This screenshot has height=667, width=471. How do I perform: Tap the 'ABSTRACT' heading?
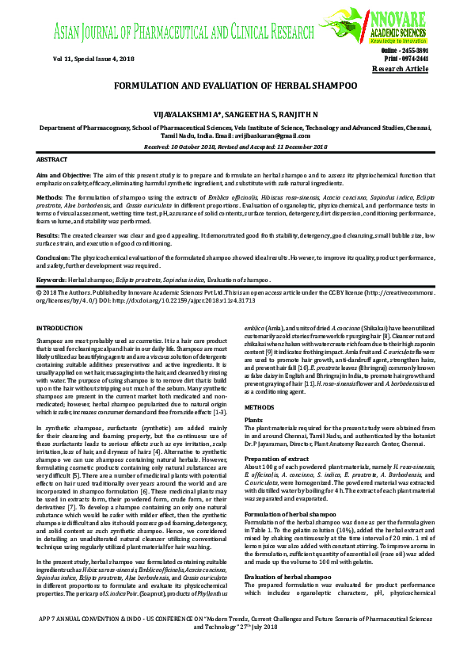pos(53,159)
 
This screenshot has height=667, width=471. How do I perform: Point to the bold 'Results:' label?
pos(50,235)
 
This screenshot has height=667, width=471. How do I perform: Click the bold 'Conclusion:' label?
pos(55,258)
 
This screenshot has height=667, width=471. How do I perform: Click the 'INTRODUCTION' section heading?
pos(60,327)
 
